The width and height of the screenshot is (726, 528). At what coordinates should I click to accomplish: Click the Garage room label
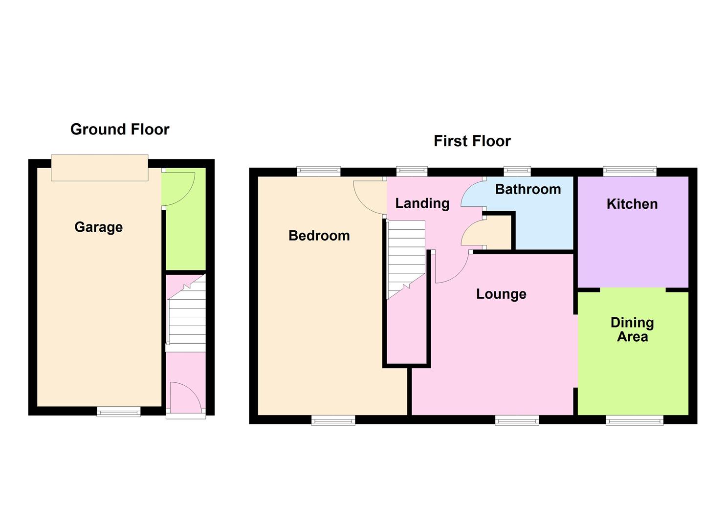(98, 227)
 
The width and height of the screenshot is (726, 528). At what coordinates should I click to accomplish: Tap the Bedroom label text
(319, 236)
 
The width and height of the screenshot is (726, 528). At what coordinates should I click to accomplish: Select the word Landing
(422, 203)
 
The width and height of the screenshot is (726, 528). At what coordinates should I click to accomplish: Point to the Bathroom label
(528, 189)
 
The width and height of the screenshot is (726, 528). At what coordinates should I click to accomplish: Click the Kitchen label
(632, 204)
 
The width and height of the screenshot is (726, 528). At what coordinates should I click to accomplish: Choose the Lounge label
(501, 294)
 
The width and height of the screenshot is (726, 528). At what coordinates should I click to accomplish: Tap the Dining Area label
(632, 330)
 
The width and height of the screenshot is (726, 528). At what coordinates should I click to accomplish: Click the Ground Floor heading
(120, 129)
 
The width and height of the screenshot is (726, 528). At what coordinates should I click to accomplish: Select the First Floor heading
(472, 141)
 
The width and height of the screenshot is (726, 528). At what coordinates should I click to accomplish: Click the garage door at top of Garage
(99, 168)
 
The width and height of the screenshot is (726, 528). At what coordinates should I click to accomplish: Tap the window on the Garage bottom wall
(118, 412)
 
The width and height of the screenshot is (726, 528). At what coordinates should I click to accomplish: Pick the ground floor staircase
(186, 313)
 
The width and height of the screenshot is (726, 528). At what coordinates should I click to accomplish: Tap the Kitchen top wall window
(630, 171)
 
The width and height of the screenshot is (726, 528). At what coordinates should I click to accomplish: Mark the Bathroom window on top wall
(517, 171)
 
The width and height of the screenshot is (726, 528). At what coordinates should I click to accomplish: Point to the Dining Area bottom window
(635, 420)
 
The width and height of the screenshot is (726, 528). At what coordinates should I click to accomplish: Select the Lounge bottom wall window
(517, 420)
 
